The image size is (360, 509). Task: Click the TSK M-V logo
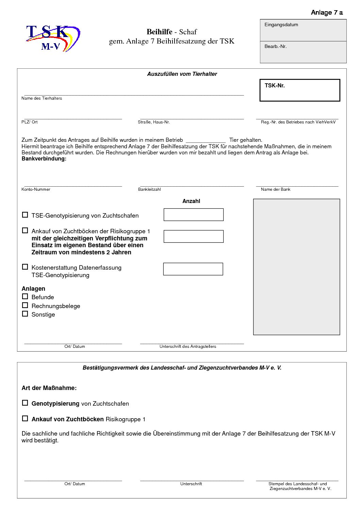pyautogui.click(x=53, y=38)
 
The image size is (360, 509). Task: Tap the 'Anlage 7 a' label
pyautogui.click(x=327, y=13)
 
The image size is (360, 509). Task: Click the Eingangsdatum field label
pyautogui.click(x=281, y=25)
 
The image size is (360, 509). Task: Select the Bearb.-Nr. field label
pyautogui.click(x=275, y=47)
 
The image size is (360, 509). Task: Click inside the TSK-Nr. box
pyautogui.click(x=300, y=90)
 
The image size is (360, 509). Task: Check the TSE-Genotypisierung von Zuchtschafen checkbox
pyautogui.click(x=25, y=215)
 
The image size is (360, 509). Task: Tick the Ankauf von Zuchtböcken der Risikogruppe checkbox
pyautogui.click(x=25, y=231)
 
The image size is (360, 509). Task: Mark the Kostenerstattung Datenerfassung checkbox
pyautogui.click(x=25, y=267)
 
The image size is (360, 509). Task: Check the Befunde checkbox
pyautogui.click(x=25, y=296)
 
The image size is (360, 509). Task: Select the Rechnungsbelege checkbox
pyautogui.click(x=25, y=305)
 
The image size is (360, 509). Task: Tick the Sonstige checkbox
pyautogui.click(x=25, y=314)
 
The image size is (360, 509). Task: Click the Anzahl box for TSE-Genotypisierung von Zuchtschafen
pyautogui.click(x=193, y=215)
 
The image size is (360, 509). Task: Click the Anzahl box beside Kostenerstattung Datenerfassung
pyautogui.click(x=193, y=269)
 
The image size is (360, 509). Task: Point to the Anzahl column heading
pyautogui.click(x=191, y=201)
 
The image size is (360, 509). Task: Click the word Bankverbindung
pyautogui.click(x=44, y=159)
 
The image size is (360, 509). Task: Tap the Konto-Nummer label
pyautogui.click(x=36, y=189)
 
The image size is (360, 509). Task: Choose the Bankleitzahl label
pyautogui.click(x=149, y=189)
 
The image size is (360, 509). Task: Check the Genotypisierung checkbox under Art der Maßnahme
pyautogui.click(x=25, y=403)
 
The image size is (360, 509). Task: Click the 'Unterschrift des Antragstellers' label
pyautogui.click(x=188, y=346)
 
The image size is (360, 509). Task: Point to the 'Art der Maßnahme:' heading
pyautogui.click(x=49, y=388)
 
